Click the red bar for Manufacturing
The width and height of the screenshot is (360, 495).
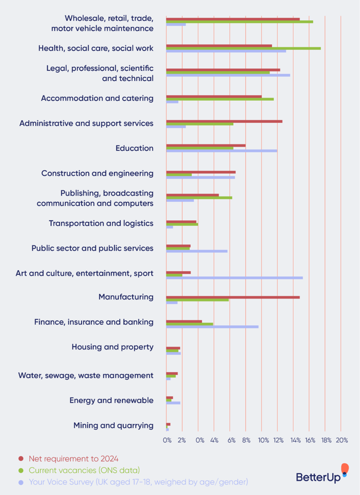pyautogui.click(x=233, y=297)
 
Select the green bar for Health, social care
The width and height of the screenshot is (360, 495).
pyautogui.click(x=243, y=48)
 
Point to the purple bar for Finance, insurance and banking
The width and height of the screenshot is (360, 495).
pyautogui.click(x=212, y=327)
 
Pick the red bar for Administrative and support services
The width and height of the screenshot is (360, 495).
pyautogui.click(x=224, y=121)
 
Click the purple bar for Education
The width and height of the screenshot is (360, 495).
pyautogui.click(x=221, y=150)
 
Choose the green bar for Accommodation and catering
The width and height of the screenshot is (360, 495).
pyautogui.click(x=219, y=99)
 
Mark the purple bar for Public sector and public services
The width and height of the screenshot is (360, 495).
pyautogui.click(x=197, y=251)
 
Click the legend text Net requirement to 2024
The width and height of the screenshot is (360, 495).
pyautogui.click(x=73, y=458)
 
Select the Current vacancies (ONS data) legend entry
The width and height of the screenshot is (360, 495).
pyautogui.click(x=84, y=470)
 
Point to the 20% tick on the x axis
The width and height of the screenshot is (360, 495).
pyautogui.click(x=342, y=440)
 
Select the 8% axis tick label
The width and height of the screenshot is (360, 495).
pyautogui.click(x=246, y=440)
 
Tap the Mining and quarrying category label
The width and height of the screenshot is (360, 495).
pyautogui.click(x=113, y=425)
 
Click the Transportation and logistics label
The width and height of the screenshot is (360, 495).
pyautogui.click(x=101, y=223)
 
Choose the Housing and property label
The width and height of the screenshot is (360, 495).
pyautogui.click(x=112, y=347)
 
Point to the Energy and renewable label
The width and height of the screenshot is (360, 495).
pyautogui.click(x=111, y=400)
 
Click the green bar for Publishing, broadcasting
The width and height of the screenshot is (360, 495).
pyautogui.click(x=199, y=198)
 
